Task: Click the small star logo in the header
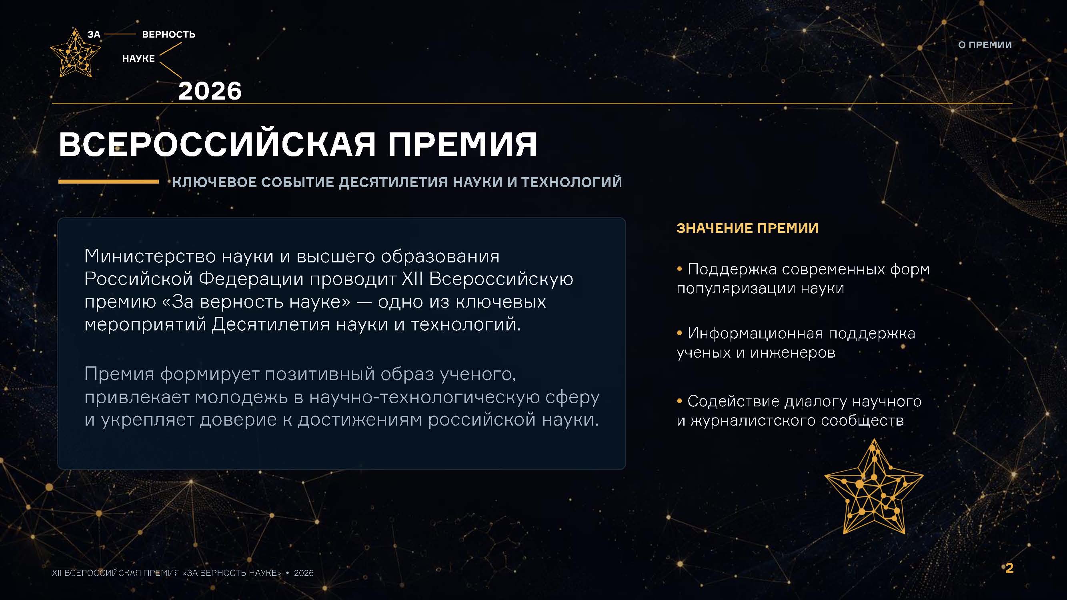pos(75,54)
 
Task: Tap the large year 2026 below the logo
pos(210,91)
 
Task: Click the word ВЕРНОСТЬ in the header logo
pos(168,34)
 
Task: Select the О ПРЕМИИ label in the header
pos(985,45)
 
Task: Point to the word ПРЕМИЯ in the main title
pos(462,144)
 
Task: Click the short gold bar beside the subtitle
pos(108,181)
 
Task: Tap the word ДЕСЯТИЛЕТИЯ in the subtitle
pos(393,182)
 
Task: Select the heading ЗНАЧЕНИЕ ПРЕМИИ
pos(747,228)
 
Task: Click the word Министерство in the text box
pos(150,256)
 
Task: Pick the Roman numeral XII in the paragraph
pos(412,279)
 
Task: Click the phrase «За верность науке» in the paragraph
pos(256,302)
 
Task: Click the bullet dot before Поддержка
pos(679,269)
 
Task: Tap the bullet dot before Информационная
pos(679,333)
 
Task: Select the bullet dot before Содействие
pos(679,401)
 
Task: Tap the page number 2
pos(1009,568)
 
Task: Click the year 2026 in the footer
pos(304,573)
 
